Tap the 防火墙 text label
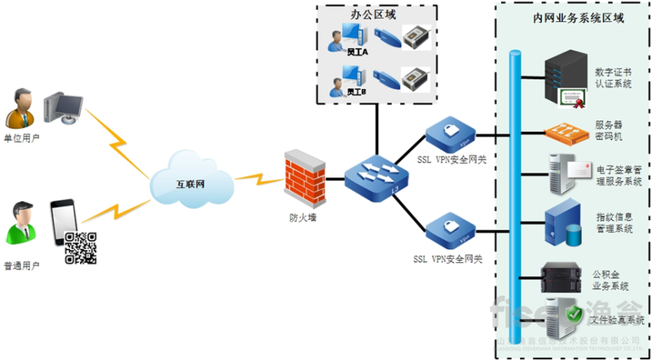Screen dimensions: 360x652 point(302,217)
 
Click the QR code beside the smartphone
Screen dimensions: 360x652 point(81,247)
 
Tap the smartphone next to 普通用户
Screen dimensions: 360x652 point(63,219)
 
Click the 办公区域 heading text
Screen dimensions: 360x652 point(376,15)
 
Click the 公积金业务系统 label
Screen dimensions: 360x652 point(610,280)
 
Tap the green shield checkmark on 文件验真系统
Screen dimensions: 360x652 point(575,314)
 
